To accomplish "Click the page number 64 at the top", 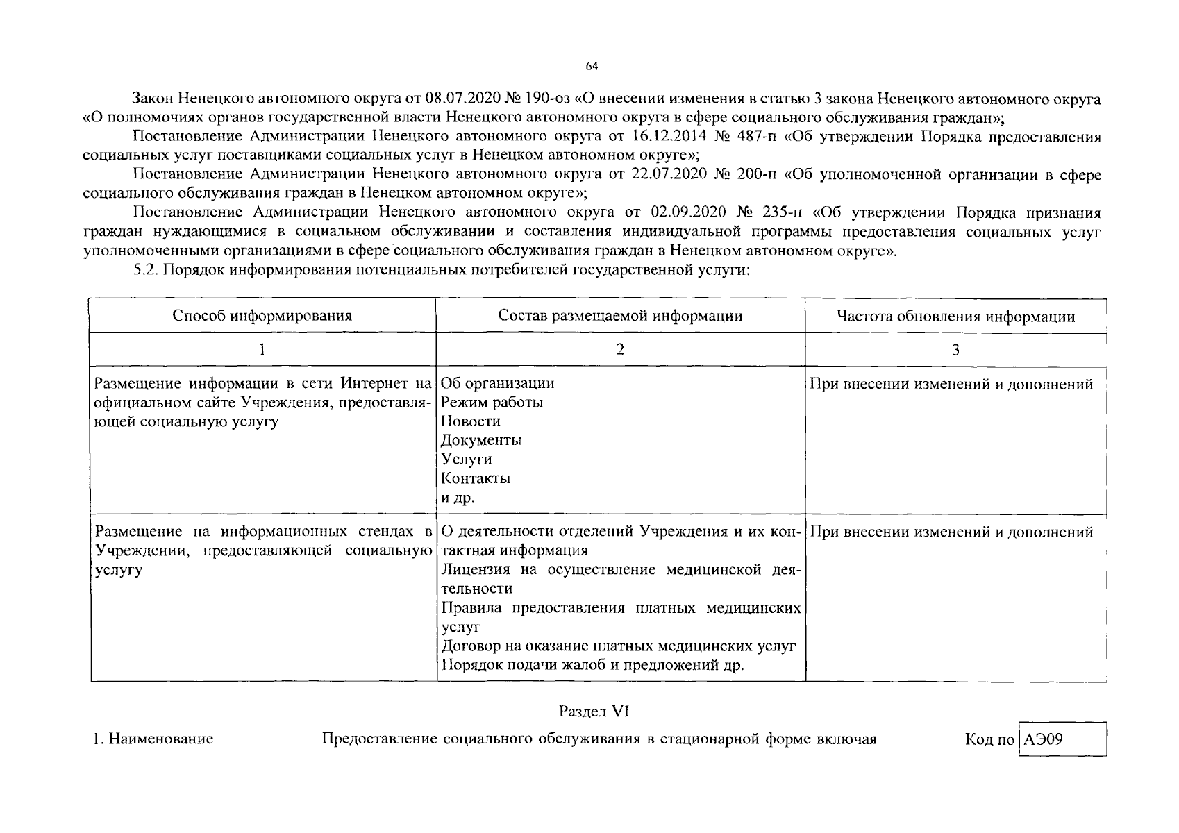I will pyautogui.click(x=591, y=67).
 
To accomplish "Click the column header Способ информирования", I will pyautogui.click(x=262, y=316).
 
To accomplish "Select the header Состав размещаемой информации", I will pyautogui.click(x=620, y=316).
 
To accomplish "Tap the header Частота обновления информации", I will pyautogui.click(x=955, y=317).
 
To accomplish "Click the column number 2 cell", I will pyautogui.click(x=620, y=350).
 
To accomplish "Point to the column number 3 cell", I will pyautogui.click(x=955, y=350).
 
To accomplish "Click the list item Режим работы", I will pyautogui.click(x=492, y=402).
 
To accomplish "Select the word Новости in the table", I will pyautogui.click(x=470, y=421).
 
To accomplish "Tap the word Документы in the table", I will pyautogui.click(x=480, y=440).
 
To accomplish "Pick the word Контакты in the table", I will pyautogui.click(x=476, y=478).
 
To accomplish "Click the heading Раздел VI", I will pyautogui.click(x=594, y=711).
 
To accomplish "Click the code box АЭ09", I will pyautogui.click(x=1062, y=739).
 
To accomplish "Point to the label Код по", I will pyautogui.click(x=989, y=739).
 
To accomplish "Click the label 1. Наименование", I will pyautogui.click(x=153, y=739).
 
